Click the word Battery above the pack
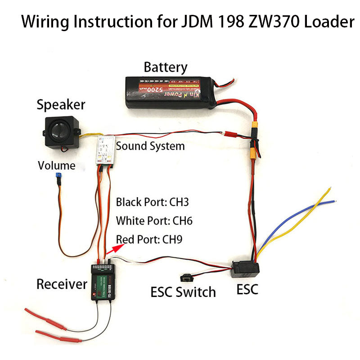click(x=165, y=67)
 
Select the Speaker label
click(x=61, y=105)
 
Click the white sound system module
click(x=105, y=149)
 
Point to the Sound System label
click(x=150, y=146)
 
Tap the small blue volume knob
click(x=58, y=176)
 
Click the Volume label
click(x=56, y=165)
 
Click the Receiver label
click(x=61, y=284)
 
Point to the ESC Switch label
click(x=183, y=292)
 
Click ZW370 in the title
click(x=265, y=21)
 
